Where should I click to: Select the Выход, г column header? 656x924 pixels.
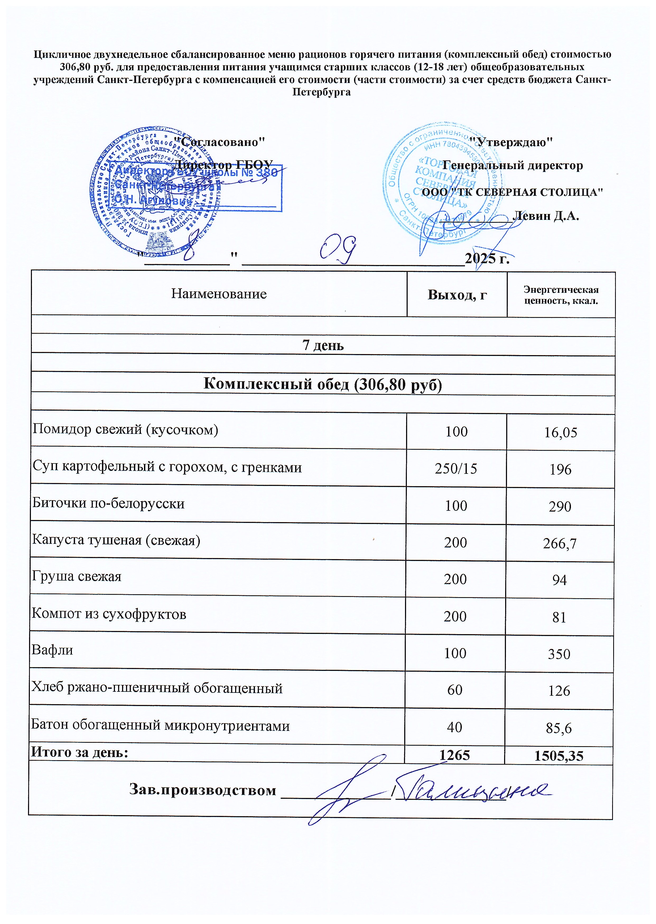pyautogui.click(x=457, y=295)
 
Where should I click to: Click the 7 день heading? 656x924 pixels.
pyautogui.click(x=323, y=345)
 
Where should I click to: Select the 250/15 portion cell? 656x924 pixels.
pyautogui.click(x=456, y=469)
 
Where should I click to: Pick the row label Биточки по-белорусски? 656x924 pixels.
pyautogui.click(x=108, y=503)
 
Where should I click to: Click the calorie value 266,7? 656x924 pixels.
pyautogui.click(x=560, y=544)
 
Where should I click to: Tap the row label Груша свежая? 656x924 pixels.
pyautogui.click(x=77, y=576)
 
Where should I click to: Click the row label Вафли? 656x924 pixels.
pyautogui.click(x=53, y=650)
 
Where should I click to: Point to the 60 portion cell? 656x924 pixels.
pyautogui.click(x=455, y=690)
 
